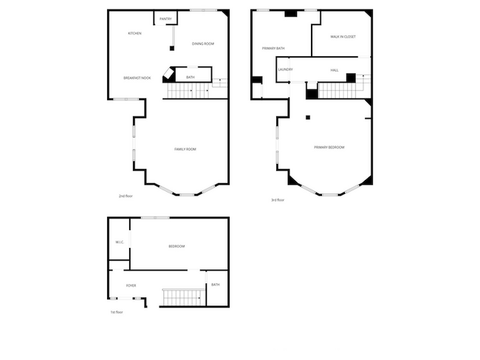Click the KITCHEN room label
[134, 33]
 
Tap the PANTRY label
[165, 19]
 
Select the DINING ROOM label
[203, 44]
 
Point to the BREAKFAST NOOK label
[137, 77]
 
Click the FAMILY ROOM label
[185, 150]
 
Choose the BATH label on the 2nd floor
[191, 77]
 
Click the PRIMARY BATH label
[273, 49]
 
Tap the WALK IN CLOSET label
[343, 36]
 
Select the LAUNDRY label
[285, 70]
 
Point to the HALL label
[335, 70]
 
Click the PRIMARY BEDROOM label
[329, 148]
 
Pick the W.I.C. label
[120, 242]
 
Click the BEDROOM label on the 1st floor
[176, 246]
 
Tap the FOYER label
[131, 285]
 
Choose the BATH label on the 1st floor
[216, 285]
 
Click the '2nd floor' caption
[126, 196]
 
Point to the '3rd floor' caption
[278, 200]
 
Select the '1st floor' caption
[117, 312]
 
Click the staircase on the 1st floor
[182, 297]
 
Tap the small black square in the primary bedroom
[308, 117]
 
